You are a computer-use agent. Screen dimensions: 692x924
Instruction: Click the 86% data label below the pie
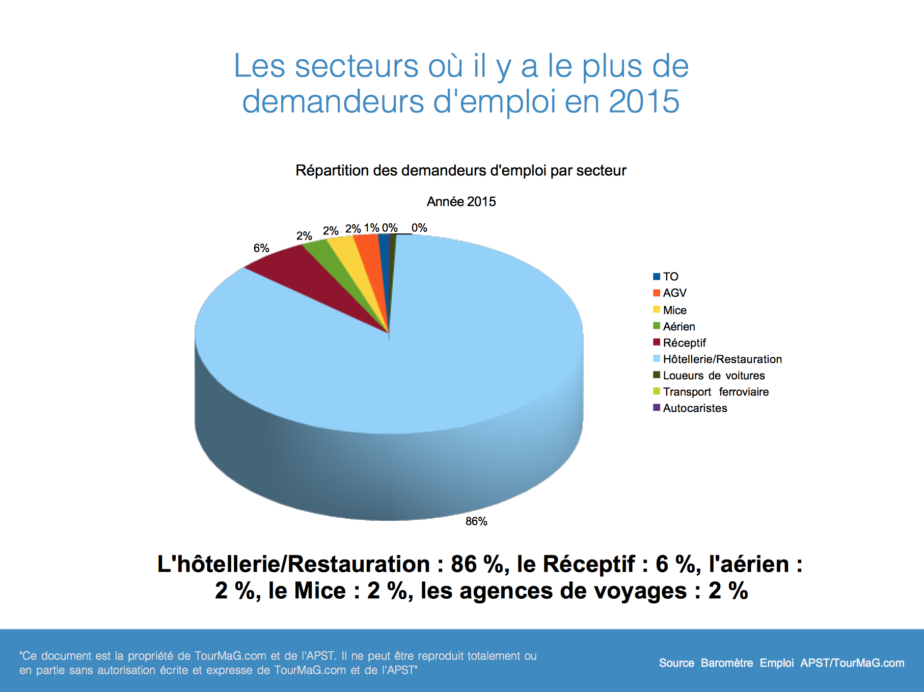pyautogui.click(x=476, y=521)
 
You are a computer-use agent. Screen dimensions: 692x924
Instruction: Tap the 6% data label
pyautogui.click(x=261, y=248)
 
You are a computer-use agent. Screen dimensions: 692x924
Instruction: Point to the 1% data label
pyautogui.click(x=371, y=228)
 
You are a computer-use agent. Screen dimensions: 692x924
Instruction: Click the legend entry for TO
pyautogui.click(x=670, y=277)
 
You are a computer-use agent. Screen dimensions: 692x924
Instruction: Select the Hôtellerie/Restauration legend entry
pyautogui.click(x=722, y=359)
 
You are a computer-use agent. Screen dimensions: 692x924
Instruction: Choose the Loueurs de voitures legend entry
pyautogui.click(x=713, y=376)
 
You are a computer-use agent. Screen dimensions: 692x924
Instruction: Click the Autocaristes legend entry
pyautogui.click(x=694, y=408)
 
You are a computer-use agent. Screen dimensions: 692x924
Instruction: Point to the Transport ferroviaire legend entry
pyautogui.click(x=715, y=392)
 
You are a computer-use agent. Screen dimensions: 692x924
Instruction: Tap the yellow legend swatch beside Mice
pyautogui.click(x=657, y=310)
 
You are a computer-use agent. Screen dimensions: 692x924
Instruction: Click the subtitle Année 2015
pyautogui.click(x=461, y=202)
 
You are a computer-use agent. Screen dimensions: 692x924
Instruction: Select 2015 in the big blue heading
pyautogui.click(x=644, y=101)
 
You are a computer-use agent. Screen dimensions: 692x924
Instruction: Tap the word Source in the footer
pyautogui.click(x=676, y=663)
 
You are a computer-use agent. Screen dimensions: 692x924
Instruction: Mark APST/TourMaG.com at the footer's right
pyautogui.click(x=852, y=663)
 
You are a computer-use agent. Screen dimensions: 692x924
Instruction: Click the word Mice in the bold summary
pyautogui.click(x=320, y=591)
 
